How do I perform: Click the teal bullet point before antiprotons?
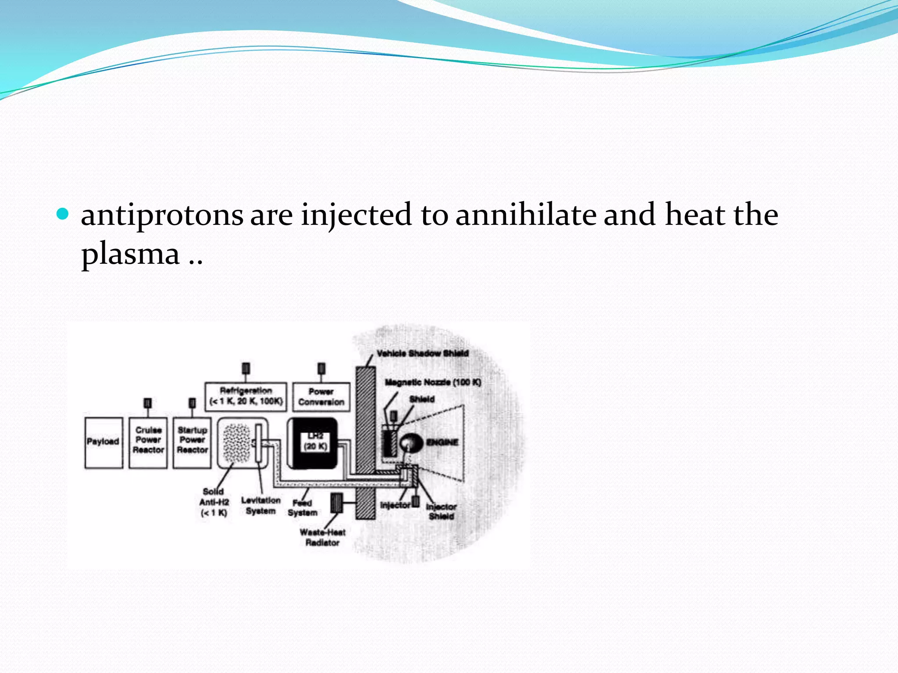pyautogui.click(x=63, y=214)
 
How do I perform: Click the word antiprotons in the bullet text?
pyautogui.click(x=162, y=215)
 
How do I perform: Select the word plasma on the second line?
pyautogui.click(x=131, y=254)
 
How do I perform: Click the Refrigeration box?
pyautogui.click(x=246, y=396)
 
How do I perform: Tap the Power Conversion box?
pyautogui.click(x=321, y=397)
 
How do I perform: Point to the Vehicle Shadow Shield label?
pyautogui.click(x=422, y=353)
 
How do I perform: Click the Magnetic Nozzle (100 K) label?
pyautogui.click(x=433, y=383)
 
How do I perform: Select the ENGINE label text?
pyautogui.click(x=442, y=443)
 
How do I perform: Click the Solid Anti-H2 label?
pyautogui.click(x=214, y=502)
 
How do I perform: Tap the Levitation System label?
pyautogui.click(x=260, y=506)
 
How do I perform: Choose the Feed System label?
pyautogui.click(x=302, y=508)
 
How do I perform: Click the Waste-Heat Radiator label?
pyautogui.click(x=322, y=538)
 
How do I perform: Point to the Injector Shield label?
pyautogui.click(x=441, y=511)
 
